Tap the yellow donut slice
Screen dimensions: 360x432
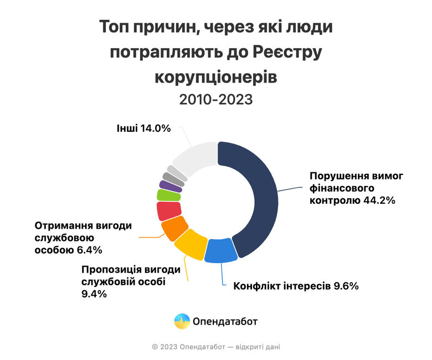pyautogui.click(x=190, y=244)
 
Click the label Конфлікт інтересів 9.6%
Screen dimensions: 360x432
pyautogui.click(x=296, y=286)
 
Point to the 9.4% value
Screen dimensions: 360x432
pyautogui.click(x=94, y=294)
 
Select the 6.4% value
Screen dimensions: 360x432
pyautogui.click(x=90, y=250)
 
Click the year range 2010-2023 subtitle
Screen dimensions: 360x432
pyautogui.click(x=215, y=100)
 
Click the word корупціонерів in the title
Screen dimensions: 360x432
pyautogui.click(x=215, y=76)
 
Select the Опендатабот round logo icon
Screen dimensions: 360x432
pyautogui.click(x=182, y=321)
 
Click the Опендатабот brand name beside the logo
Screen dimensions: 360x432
pyautogui.click(x=225, y=321)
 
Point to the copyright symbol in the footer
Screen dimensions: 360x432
pyautogui.click(x=155, y=347)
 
